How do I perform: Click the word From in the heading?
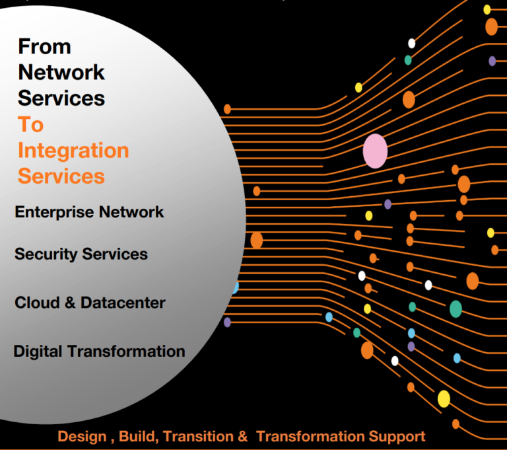(x=44, y=46)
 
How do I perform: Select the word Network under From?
(x=61, y=72)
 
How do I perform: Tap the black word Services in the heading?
(x=61, y=98)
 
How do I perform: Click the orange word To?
(x=30, y=124)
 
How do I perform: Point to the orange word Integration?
(x=73, y=151)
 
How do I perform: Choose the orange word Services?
(x=61, y=176)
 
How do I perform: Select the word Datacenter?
(x=123, y=303)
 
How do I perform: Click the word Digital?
(x=38, y=351)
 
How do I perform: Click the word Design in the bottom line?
(x=81, y=437)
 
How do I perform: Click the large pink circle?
(x=375, y=151)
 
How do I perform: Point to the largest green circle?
(x=456, y=309)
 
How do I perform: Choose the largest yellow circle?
(x=444, y=398)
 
